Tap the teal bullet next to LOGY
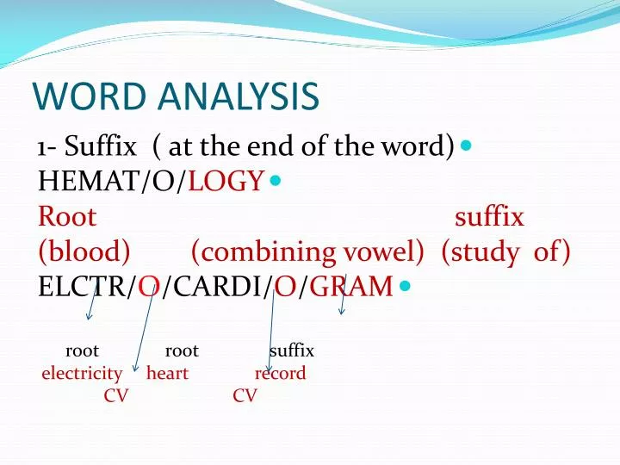pos(275,181)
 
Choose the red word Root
pos(67,216)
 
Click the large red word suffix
pos(489,216)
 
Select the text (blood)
pos(84,251)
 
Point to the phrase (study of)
pos(505,251)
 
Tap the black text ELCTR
pos(83,287)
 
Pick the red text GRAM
pos(350,287)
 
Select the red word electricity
pos(82,374)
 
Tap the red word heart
pos(167,374)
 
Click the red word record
pos(280,374)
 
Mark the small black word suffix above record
pos(291,351)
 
